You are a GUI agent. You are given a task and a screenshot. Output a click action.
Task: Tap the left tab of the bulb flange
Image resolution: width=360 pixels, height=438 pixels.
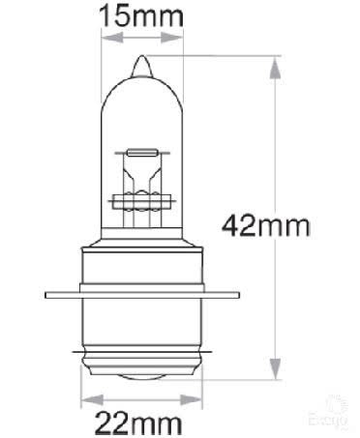point(58,293)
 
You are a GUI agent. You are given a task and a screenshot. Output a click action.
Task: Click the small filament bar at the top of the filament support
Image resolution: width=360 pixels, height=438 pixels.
point(139,152)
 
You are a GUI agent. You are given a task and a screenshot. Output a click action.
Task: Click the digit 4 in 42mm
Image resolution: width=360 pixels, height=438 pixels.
point(232,225)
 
